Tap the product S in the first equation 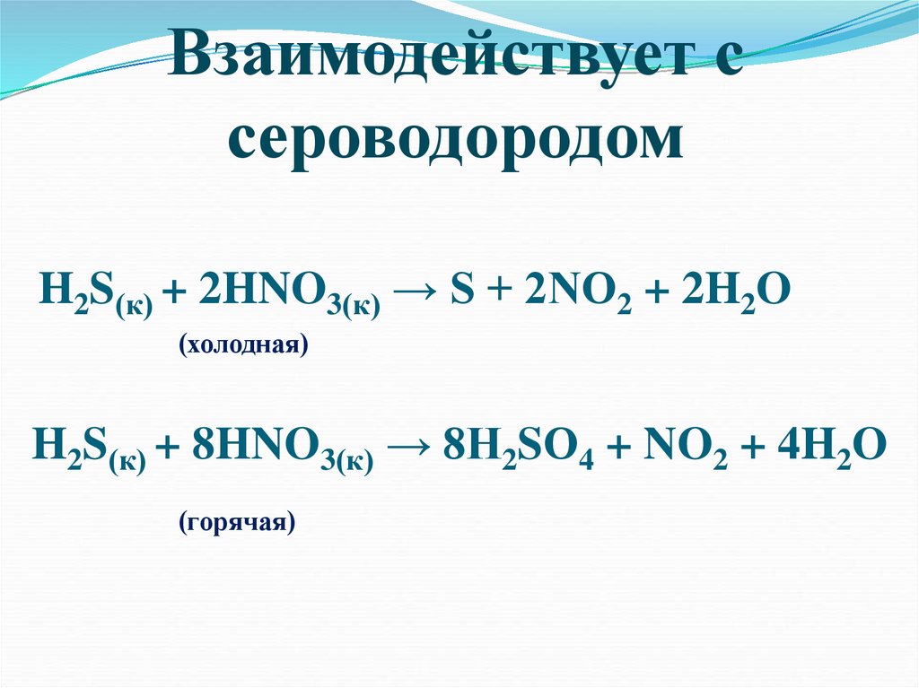coord(462,292)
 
